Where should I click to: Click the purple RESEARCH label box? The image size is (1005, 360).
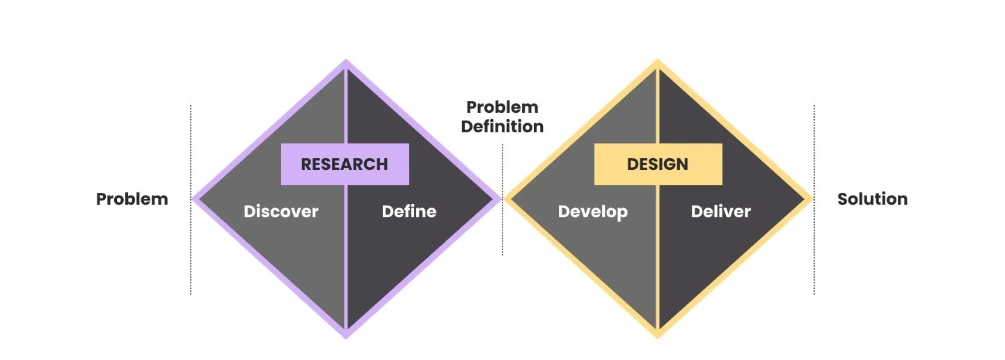pyautogui.click(x=345, y=164)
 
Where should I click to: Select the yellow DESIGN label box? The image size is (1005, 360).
pyautogui.click(x=658, y=164)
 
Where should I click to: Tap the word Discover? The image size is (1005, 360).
pyautogui.click(x=280, y=212)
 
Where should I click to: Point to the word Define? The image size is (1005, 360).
pyautogui.click(x=409, y=212)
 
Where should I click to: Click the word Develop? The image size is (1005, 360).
pyautogui.click(x=593, y=212)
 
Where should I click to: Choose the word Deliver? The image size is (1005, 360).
pyautogui.click(x=721, y=212)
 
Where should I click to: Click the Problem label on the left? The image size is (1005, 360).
pyautogui.click(x=132, y=199)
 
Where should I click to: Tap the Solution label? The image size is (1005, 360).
pyautogui.click(x=872, y=199)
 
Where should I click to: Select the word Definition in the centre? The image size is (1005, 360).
pyautogui.click(x=502, y=127)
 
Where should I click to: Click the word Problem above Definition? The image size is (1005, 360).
pyautogui.click(x=502, y=107)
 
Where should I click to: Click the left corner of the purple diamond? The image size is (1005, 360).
pyautogui.click(x=195, y=199)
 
